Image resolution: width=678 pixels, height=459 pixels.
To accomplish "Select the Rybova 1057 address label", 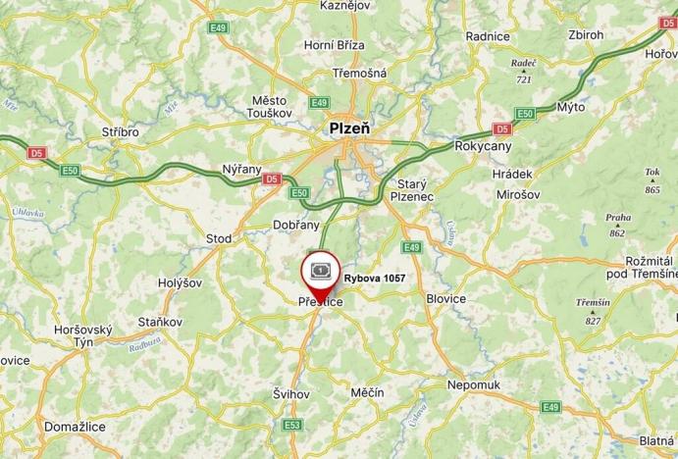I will point(375,279).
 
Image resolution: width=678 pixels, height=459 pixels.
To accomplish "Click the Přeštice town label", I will point(320,304).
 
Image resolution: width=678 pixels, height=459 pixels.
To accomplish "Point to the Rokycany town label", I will point(484,145).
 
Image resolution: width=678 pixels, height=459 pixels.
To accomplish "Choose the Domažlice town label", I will point(75,427).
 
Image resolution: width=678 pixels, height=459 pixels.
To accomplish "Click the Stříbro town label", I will point(121,131).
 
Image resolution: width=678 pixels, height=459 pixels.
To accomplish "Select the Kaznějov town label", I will point(343,6).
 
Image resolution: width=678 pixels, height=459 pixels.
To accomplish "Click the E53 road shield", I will point(292,425).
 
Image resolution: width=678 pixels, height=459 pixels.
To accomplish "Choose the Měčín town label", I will point(367,392).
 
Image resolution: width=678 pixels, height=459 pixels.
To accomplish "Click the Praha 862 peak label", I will point(618,225).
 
